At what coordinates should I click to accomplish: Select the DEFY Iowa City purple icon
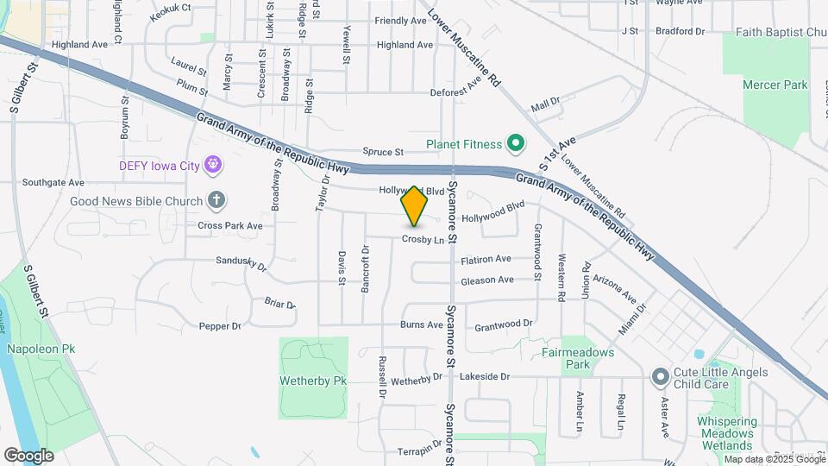tap(214, 164)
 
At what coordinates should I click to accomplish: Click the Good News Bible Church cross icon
tap(216, 201)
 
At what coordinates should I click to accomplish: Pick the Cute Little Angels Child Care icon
tap(661, 376)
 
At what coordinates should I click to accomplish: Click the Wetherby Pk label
tap(313, 380)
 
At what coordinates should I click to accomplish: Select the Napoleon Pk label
tap(41, 349)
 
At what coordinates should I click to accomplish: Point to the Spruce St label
tap(383, 152)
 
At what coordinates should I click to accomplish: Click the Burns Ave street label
tap(422, 324)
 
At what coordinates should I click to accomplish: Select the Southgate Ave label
tap(53, 183)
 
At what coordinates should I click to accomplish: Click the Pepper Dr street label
tap(220, 326)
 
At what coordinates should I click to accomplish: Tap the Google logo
tap(28, 455)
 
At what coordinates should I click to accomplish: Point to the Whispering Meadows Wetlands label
tap(726, 433)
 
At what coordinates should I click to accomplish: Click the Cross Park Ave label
tap(229, 225)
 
